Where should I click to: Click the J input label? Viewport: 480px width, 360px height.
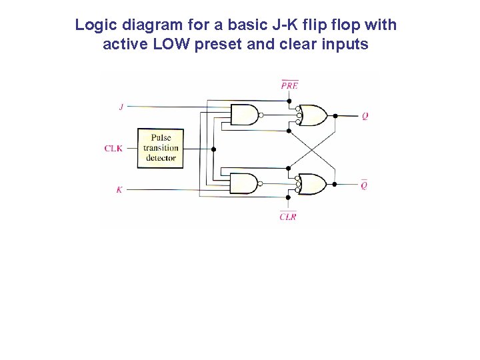[121, 107]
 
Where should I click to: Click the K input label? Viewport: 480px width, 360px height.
[119, 190]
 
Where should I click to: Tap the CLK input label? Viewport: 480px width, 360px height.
[113, 149]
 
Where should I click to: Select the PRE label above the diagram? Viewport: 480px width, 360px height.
[289, 85]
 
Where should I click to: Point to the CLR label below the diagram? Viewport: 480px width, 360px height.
[288, 217]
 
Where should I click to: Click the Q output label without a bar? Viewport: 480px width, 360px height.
[365, 116]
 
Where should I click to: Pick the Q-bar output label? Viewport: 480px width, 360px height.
[364, 185]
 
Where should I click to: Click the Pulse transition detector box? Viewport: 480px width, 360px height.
[161, 148]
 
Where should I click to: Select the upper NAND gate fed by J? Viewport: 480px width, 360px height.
[244, 115]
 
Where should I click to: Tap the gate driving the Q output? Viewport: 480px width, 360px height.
[313, 115]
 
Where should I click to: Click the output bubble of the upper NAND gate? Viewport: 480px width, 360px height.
[261, 115]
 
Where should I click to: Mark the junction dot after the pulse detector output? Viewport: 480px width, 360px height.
[213, 149]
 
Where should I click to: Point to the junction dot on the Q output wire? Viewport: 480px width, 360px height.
[335, 115]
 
